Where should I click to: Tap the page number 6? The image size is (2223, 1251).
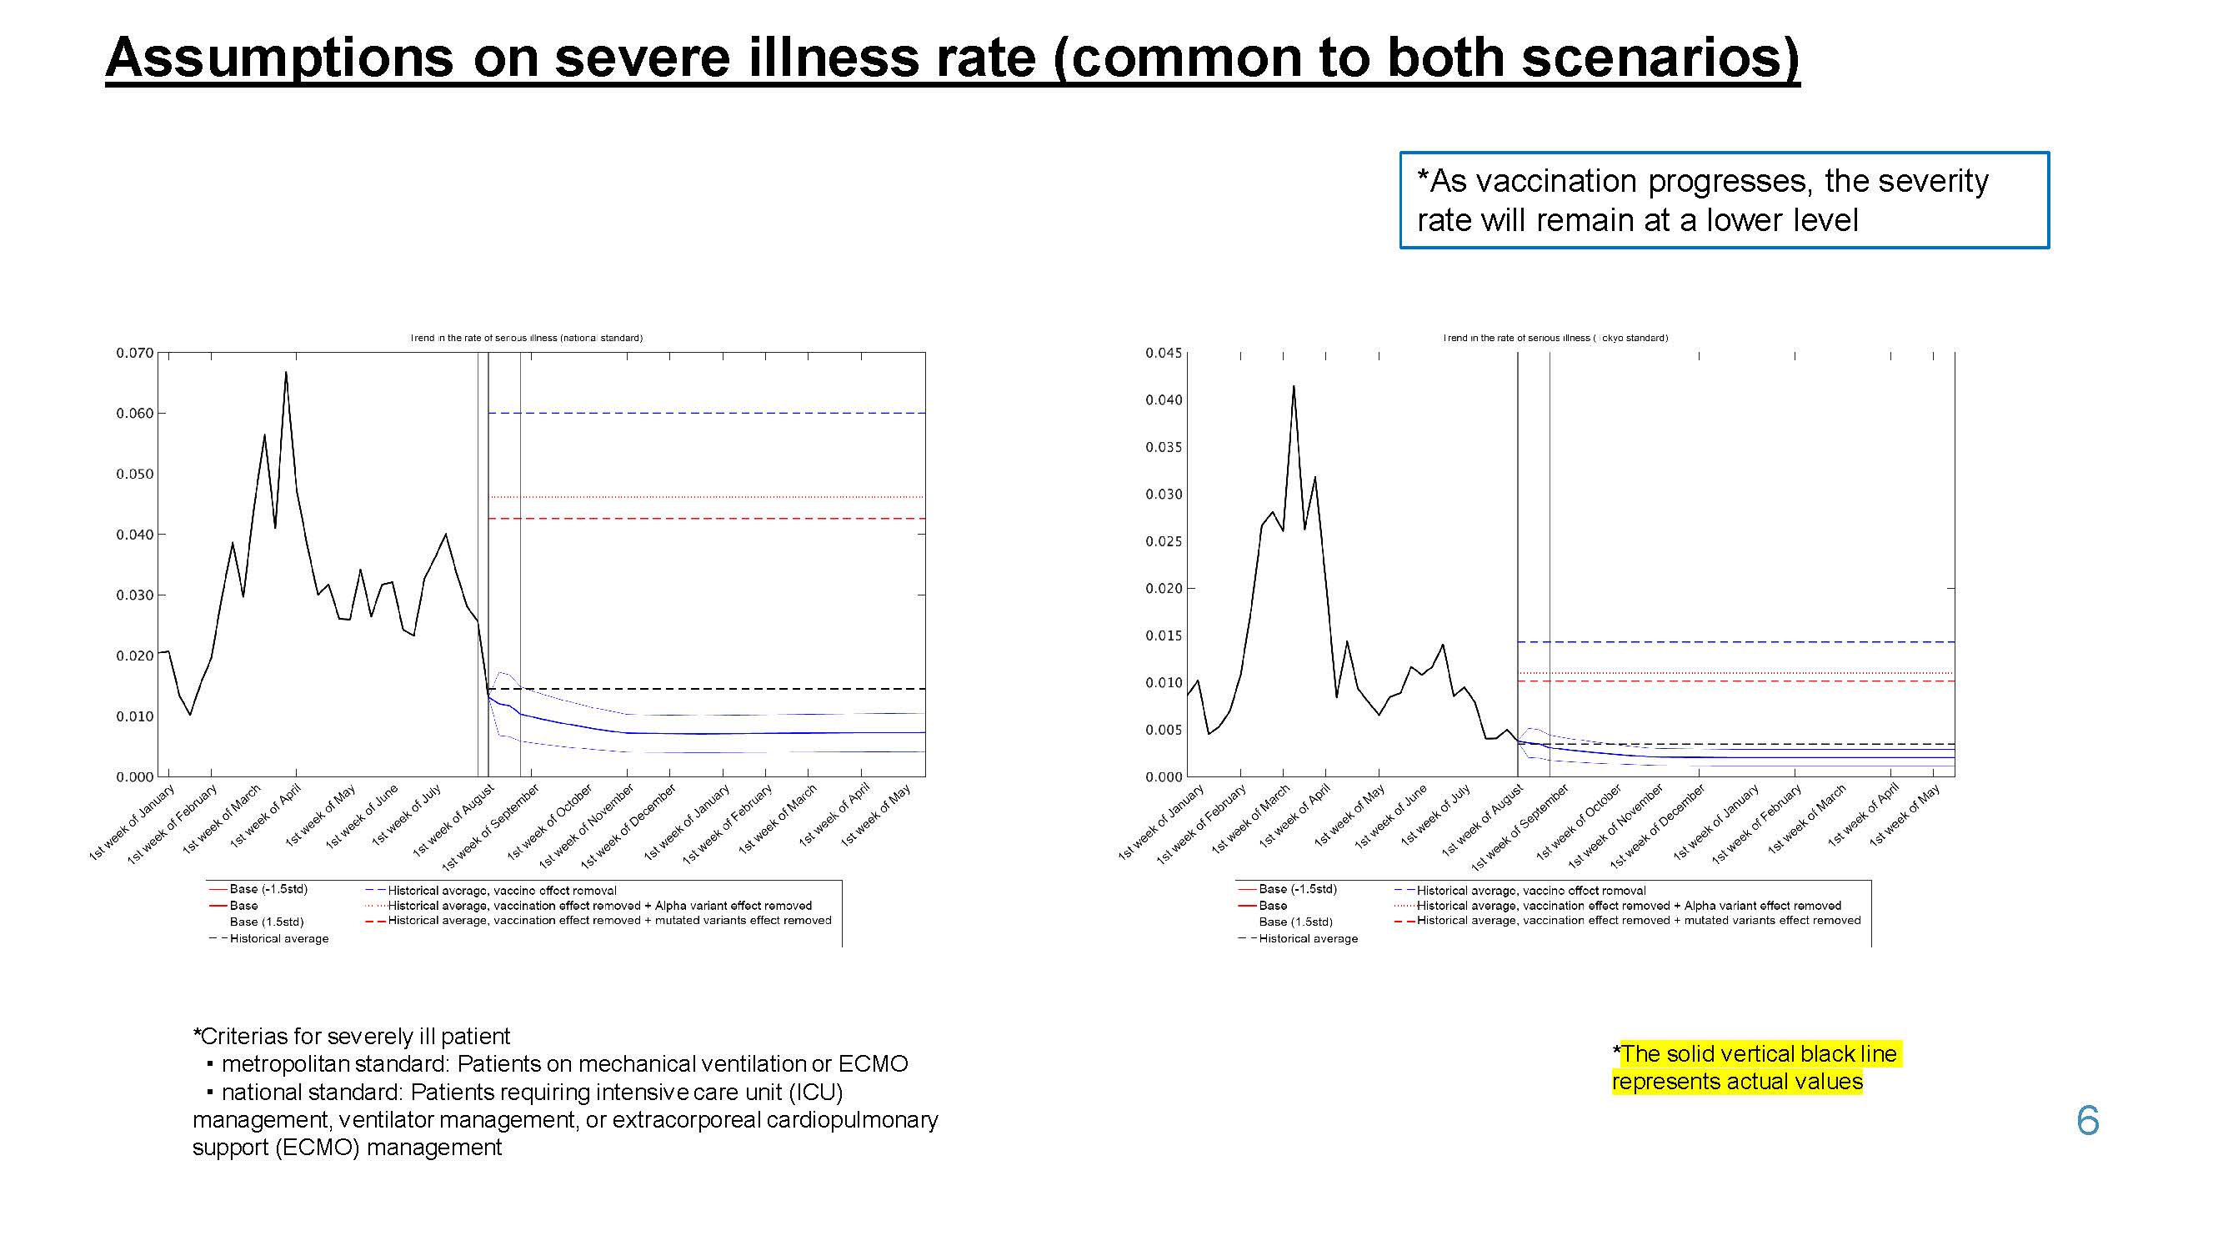click(x=2086, y=1121)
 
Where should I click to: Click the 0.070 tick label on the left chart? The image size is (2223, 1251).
click(x=135, y=353)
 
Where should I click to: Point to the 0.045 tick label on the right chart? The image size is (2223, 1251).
click(x=1164, y=353)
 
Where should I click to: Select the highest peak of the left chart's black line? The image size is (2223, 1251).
click(x=286, y=373)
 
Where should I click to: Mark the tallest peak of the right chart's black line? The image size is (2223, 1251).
click(x=1293, y=386)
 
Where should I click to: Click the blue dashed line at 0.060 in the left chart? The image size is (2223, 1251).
click(x=708, y=414)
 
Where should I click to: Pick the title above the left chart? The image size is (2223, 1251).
click(x=527, y=338)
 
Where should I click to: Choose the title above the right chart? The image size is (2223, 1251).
click(x=1555, y=338)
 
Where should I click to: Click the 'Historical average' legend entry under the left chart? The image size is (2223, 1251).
click(x=278, y=938)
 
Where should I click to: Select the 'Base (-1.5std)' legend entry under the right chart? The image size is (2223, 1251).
click(x=1297, y=889)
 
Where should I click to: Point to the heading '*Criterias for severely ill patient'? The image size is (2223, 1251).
click(x=351, y=1036)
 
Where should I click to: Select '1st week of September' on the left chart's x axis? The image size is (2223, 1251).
click(x=492, y=827)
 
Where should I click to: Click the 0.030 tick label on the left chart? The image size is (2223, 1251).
click(x=135, y=595)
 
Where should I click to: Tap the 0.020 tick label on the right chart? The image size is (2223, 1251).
click(x=1164, y=589)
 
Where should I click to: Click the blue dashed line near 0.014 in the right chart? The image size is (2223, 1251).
click(x=1735, y=642)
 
